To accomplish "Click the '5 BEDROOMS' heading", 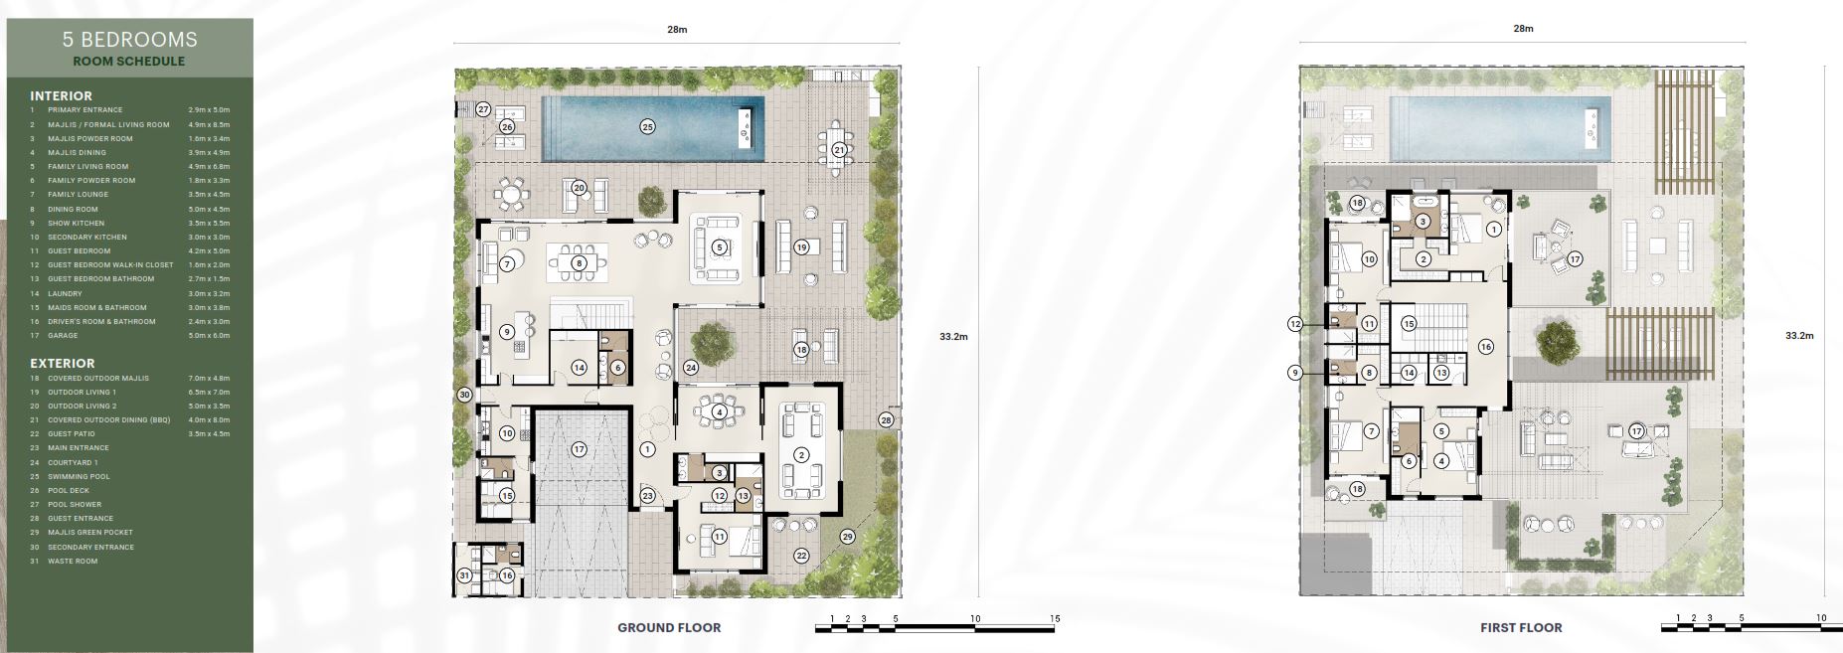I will [129, 40].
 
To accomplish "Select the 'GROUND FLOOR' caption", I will [669, 627].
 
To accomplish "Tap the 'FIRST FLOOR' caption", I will [1521, 627].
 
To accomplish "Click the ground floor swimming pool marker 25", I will [647, 126].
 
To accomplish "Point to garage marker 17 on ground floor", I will [580, 449].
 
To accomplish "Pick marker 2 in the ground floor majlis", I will [800, 454].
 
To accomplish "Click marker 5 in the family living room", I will [719, 246].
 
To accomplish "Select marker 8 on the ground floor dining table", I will [578, 263].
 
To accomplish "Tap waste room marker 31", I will [464, 575].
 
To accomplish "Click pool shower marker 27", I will [483, 109].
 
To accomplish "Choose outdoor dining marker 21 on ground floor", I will [839, 150].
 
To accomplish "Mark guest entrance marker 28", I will [886, 420].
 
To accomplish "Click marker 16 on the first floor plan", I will [1485, 347].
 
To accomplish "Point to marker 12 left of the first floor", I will [1294, 324].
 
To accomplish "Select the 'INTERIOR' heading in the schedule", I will [61, 96].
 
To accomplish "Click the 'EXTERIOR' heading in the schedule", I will [63, 364].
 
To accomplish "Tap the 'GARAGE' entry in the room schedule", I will [65, 336].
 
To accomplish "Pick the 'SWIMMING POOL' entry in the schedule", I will [79, 476].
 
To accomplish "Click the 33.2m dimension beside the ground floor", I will [953, 336].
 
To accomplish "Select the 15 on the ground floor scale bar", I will [1055, 618].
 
